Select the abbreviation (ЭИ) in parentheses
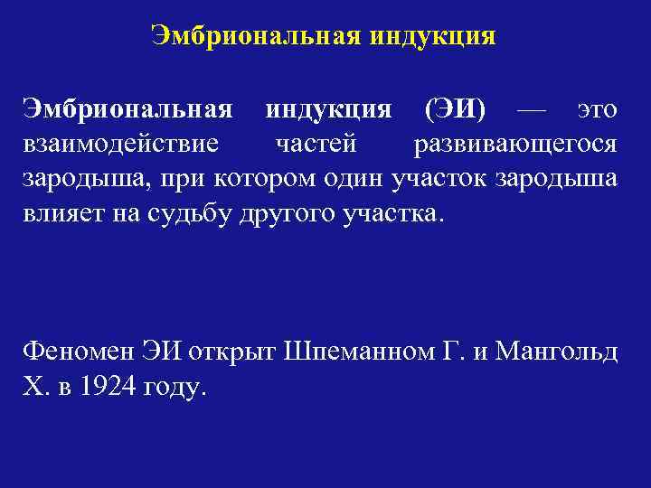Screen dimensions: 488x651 click(455, 110)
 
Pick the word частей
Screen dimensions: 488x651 click(317, 145)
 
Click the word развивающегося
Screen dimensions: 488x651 click(516, 145)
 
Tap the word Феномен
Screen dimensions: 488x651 click(77, 351)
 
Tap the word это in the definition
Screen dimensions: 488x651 click(598, 110)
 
